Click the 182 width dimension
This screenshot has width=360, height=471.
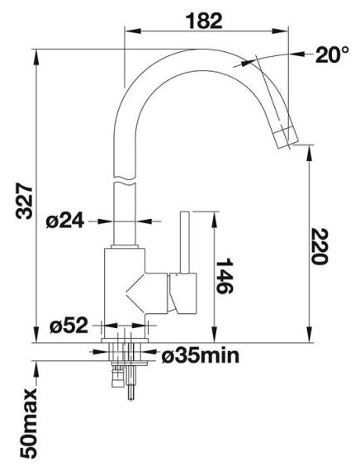coord(204,21)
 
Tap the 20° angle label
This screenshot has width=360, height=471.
coord(332,55)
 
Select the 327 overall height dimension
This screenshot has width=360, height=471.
coord(24,202)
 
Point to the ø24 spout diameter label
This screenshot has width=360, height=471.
coord(65,222)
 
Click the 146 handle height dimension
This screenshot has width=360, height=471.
coord(225,275)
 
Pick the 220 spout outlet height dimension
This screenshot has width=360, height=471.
coord(319,246)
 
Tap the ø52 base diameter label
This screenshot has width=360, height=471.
coord(69,326)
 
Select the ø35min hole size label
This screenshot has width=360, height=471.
coord(201,356)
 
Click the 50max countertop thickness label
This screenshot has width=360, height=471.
coord(29,423)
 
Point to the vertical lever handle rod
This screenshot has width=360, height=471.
coord(184,243)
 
